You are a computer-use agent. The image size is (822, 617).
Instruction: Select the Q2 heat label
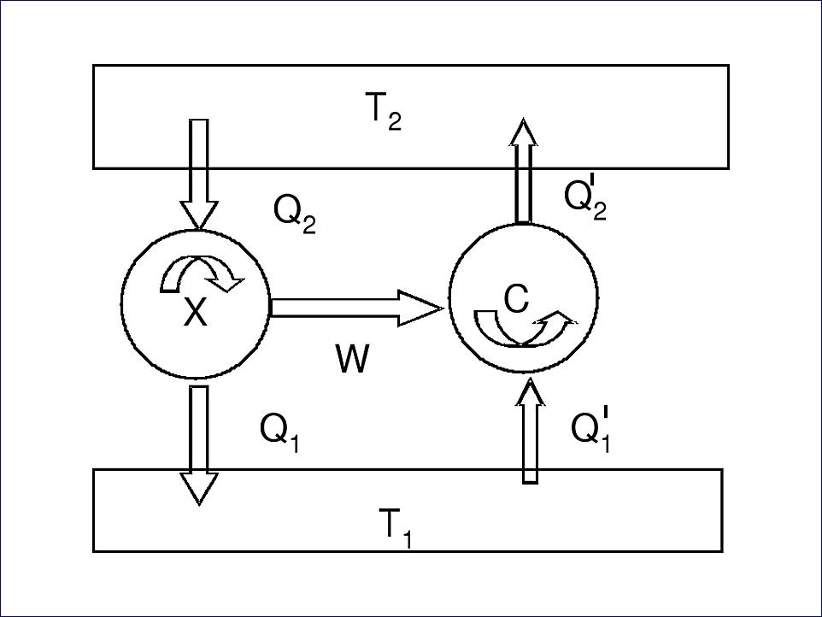tap(295, 214)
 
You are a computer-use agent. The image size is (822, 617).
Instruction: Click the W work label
tap(352, 359)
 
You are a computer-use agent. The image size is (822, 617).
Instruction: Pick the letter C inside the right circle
tap(516, 299)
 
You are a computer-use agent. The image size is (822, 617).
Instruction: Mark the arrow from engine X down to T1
tap(199, 445)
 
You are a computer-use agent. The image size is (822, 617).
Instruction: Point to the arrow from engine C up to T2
tap(524, 171)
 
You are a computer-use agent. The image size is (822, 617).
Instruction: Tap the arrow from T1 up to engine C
tap(530, 430)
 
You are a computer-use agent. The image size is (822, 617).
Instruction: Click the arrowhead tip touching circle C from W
tap(443, 308)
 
